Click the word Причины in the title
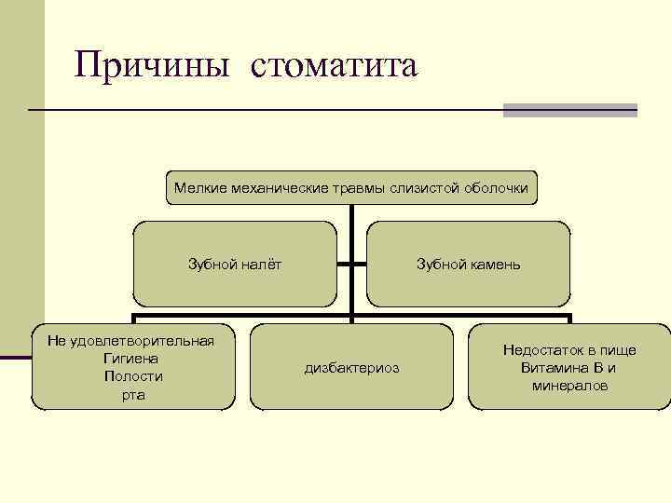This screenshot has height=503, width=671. pyautogui.click(x=150, y=66)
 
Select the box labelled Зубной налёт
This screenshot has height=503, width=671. pyautogui.click(x=235, y=265)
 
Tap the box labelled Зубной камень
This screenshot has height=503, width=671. pyautogui.click(x=468, y=265)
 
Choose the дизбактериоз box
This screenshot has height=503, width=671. pyautogui.click(x=351, y=368)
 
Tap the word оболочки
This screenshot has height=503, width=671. pyautogui.click(x=495, y=189)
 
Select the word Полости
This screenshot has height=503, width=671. pyautogui.click(x=133, y=376)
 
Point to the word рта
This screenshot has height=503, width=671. pyautogui.click(x=133, y=395)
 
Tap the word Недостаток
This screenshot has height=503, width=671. pyautogui.click(x=543, y=350)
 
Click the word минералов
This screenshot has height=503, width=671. pyautogui.click(x=570, y=386)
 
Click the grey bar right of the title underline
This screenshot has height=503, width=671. pyautogui.click(x=569, y=110)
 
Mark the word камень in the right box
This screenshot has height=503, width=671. pyautogui.click(x=495, y=265)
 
